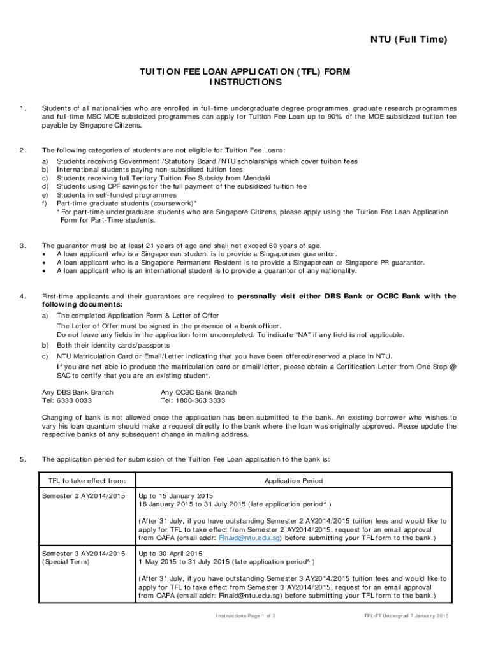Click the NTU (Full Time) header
click(x=400, y=40)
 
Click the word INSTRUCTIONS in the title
click(x=245, y=83)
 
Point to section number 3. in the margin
click(x=23, y=246)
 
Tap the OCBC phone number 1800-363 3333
click(x=193, y=400)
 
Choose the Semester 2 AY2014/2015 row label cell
click(x=83, y=495)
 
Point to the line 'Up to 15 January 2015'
click(x=176, y=495)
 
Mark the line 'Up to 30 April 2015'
click(x=170, y=553)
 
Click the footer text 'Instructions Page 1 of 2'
click(x=249, y=615)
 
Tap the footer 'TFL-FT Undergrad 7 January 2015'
click(x=406, y=615)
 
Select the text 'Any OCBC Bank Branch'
click(x=199, y=392)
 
